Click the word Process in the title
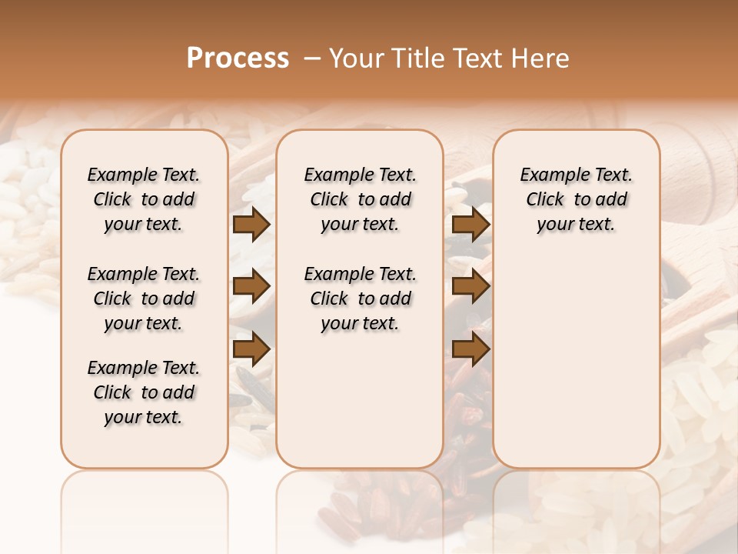238,58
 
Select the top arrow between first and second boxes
251,225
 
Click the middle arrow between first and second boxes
251,287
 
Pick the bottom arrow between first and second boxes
251,349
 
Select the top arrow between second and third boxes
470,225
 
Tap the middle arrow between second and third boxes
470,287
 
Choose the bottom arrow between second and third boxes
470,349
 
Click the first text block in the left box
144,199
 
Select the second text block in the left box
144,299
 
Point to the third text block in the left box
144,392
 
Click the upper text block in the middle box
360,199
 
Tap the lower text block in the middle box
360,299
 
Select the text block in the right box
576,199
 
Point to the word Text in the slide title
477,58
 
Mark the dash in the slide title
311,58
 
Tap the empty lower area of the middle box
360,400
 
